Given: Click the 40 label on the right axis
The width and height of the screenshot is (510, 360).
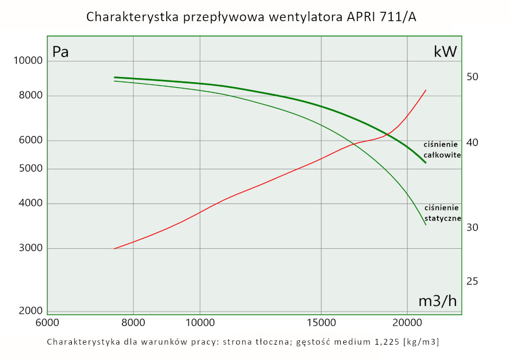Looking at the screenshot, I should point(472,142).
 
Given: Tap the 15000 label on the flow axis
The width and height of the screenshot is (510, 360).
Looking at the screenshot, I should point(321,323).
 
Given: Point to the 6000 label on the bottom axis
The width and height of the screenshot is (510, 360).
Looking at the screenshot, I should point(47,323).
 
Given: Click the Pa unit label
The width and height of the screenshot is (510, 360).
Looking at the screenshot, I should point(61,52).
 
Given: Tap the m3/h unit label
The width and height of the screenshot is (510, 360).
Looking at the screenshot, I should point(437,301).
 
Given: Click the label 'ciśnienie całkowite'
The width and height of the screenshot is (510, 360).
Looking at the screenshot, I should point(442,149).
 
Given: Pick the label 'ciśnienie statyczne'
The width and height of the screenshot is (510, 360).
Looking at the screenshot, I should point(442,213).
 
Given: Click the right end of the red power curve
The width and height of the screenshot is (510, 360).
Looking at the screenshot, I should point(426,90).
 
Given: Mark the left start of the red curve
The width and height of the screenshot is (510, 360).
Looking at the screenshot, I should point(114,249).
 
